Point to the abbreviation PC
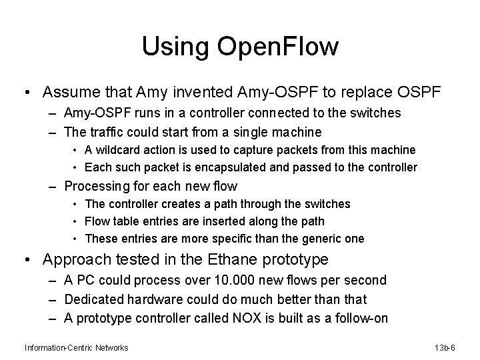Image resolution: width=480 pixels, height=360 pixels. pos(87,281)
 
